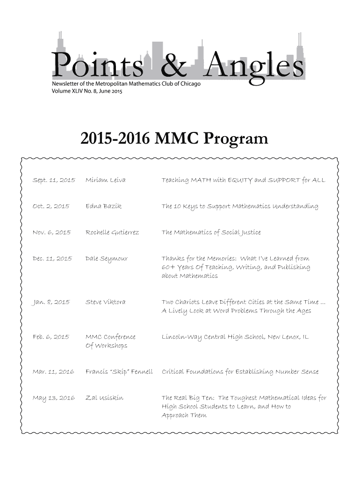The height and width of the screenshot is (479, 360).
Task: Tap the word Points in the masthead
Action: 98,66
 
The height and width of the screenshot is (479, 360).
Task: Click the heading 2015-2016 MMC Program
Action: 174,139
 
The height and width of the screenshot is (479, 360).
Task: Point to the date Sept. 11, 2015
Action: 54,180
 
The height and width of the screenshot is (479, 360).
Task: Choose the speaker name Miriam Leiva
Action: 106,180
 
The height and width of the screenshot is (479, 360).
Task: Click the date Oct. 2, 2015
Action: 51,206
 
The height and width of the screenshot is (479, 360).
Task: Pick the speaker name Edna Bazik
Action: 103,206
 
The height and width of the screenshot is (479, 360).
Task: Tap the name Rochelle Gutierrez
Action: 112,232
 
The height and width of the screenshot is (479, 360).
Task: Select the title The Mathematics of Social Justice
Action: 211,232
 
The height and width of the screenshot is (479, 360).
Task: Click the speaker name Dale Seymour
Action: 107,259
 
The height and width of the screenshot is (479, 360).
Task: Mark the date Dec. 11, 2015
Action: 52,259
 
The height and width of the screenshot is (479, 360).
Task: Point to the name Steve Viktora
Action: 106,302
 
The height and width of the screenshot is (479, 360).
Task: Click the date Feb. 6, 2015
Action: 51,337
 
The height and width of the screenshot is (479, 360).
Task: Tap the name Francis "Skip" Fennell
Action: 119,372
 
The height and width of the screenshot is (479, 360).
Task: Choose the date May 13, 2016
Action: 53,398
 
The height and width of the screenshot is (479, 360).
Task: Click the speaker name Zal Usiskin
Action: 104,398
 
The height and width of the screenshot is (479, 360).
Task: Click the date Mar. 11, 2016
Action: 53,372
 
